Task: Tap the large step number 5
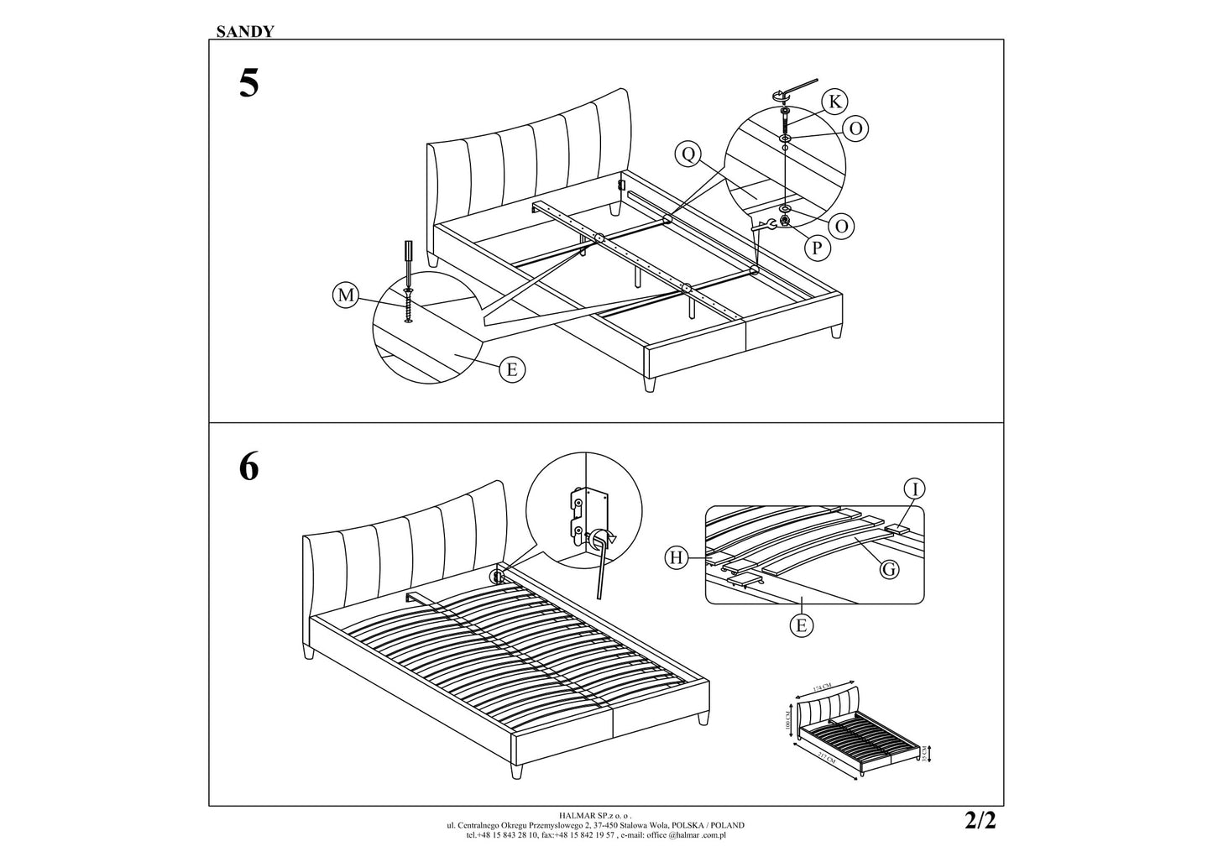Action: click(x=249, y=84)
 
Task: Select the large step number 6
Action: click(x=248, y=468)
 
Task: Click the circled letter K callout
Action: click(x=834, y=102)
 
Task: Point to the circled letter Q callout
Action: click(x=688, y=154)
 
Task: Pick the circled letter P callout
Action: click(x=817, y=248)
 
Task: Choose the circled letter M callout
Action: click(x=343, y=295)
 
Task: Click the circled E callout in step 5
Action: click(x=511, y=369)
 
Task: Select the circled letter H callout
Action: click(x=677, y=556)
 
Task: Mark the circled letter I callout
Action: click(x=915, y=489)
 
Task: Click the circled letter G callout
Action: click(x=889, y=569)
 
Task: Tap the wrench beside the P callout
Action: click(x=765, y=224)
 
